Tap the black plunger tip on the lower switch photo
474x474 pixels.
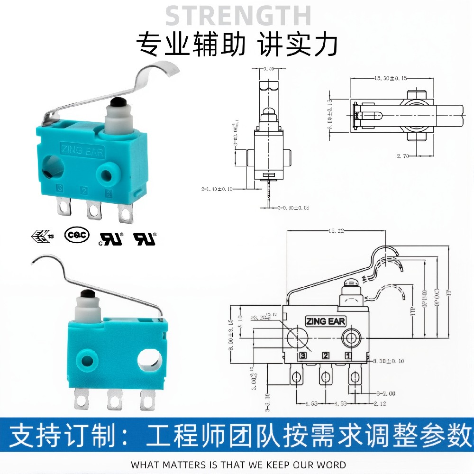tap(85, 295)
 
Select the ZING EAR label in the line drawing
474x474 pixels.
tap(326, 321)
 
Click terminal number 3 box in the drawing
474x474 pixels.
tap(302, 355)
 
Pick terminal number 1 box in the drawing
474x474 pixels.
tap(348, 355)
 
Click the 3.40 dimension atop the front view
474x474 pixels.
tap(269, 69)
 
